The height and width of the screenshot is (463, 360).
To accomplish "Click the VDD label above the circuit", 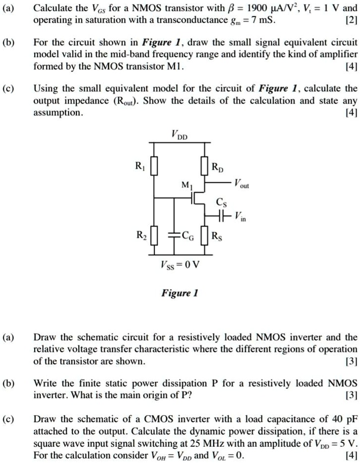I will click(180, 134).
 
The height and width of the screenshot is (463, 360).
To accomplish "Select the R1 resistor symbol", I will click(154, 166).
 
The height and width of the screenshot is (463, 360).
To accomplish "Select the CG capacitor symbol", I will click(175, 234).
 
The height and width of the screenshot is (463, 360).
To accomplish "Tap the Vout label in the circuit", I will click(242, 182).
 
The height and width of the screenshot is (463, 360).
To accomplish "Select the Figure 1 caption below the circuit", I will click(180, 293).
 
